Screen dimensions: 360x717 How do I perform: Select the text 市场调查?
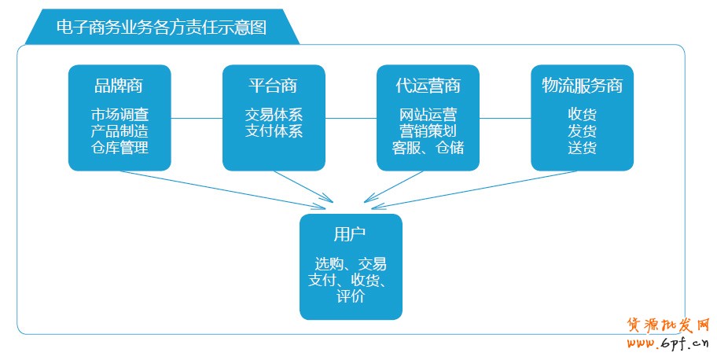click(119, 114)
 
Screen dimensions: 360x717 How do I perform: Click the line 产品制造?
click(119, 130)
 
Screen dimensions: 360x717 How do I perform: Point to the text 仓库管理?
click(119, 147)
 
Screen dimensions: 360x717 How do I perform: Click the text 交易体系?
click(273, 114)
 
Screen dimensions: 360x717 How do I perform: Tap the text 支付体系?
click(273, 130)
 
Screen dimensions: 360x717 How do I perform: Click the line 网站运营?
click(428, 114)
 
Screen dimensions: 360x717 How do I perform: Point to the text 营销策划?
click(428, 130)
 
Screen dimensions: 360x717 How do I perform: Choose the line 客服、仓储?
click(428, 147)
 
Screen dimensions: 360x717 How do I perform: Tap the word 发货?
click(582, 130)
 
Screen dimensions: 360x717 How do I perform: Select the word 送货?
click(582, 147)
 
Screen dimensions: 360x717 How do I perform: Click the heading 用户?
click(350, 234)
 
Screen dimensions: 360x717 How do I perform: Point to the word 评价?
click(350, 296)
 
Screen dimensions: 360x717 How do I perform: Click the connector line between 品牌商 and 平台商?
click(197, 119)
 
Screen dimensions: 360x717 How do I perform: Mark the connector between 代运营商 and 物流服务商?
click(505, 119)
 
